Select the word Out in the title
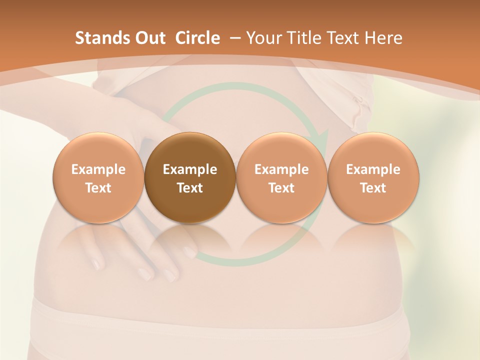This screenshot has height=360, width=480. (x=148, y=38)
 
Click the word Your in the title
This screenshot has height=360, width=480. (x=262, y=38)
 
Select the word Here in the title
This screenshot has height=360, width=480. (x=383, y=38)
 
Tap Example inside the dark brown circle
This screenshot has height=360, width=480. (x=190, y=169)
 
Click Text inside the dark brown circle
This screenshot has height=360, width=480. (x=190, y=188)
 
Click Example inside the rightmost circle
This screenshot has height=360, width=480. (x=373, y=169)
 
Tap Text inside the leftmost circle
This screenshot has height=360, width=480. (x=98, y=188)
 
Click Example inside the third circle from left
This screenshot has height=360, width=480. (x=281, y=169)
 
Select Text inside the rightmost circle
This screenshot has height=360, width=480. (x=373, y=188)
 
